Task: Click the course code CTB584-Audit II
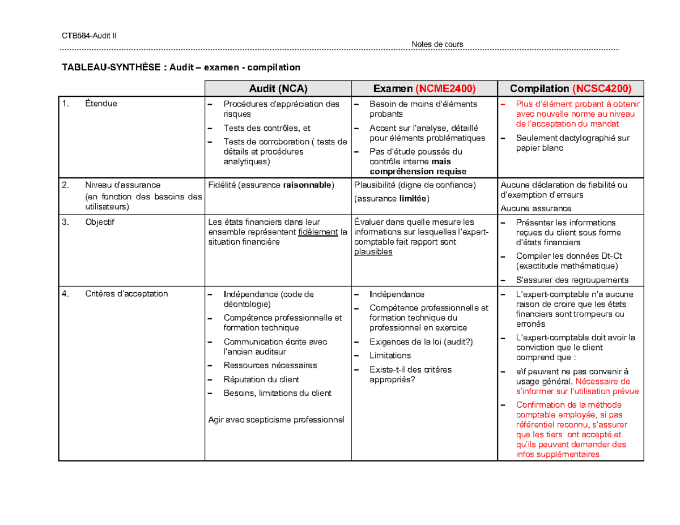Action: coord(88,36)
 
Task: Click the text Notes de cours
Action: coord(437,44)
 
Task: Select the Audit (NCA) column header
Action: coord(278,88)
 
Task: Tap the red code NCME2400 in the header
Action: coord(445,88)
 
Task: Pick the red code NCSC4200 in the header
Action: coord(601,88)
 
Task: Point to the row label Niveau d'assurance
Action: coord(122,185)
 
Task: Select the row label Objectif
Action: coord(100,222)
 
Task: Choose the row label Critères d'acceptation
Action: coord(126,293)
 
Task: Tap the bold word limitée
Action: coord(413,198)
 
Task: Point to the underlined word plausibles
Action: coord(373,252)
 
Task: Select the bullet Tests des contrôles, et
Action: coord(266,128)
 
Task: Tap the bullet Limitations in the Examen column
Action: coord(390,355)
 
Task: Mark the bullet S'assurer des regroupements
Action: coord(572,280)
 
